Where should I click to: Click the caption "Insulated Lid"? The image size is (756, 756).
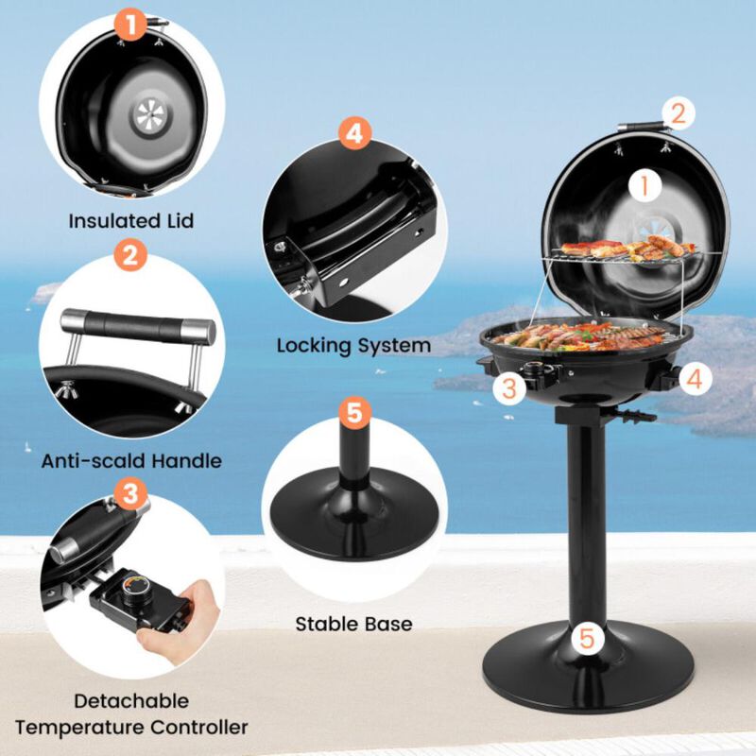130,221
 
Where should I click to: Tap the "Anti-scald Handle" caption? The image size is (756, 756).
131,461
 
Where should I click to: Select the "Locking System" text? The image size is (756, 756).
353,345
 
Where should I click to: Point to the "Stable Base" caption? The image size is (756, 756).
353,624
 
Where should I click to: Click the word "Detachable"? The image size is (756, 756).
131,701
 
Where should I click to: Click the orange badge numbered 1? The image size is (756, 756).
132,23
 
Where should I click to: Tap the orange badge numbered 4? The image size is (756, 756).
352,132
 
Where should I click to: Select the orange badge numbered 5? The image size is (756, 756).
353,411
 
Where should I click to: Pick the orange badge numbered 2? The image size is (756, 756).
130,255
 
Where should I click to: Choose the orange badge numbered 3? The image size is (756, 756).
130,492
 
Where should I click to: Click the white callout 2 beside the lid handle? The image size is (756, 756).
678,113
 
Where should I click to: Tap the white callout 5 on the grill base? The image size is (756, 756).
588,638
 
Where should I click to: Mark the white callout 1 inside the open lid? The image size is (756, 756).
645,185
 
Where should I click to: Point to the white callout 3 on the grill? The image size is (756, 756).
508,386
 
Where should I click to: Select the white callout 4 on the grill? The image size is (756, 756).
694,380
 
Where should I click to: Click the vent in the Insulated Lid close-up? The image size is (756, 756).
147,116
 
